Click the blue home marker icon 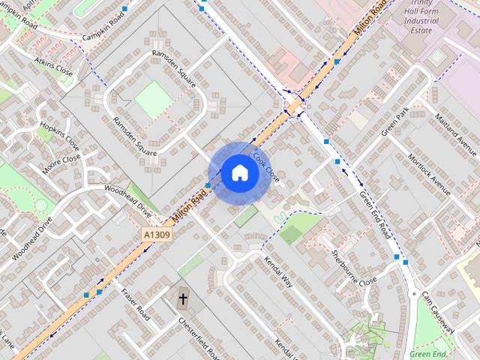pos(240,173)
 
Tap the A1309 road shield pos(157,235)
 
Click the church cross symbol pos(183,299)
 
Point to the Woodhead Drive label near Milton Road pos(127,202)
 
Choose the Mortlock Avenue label pos(427,175)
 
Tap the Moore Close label pos(61,163)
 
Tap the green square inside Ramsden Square pos(153,99)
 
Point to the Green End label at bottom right pos(429,353)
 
